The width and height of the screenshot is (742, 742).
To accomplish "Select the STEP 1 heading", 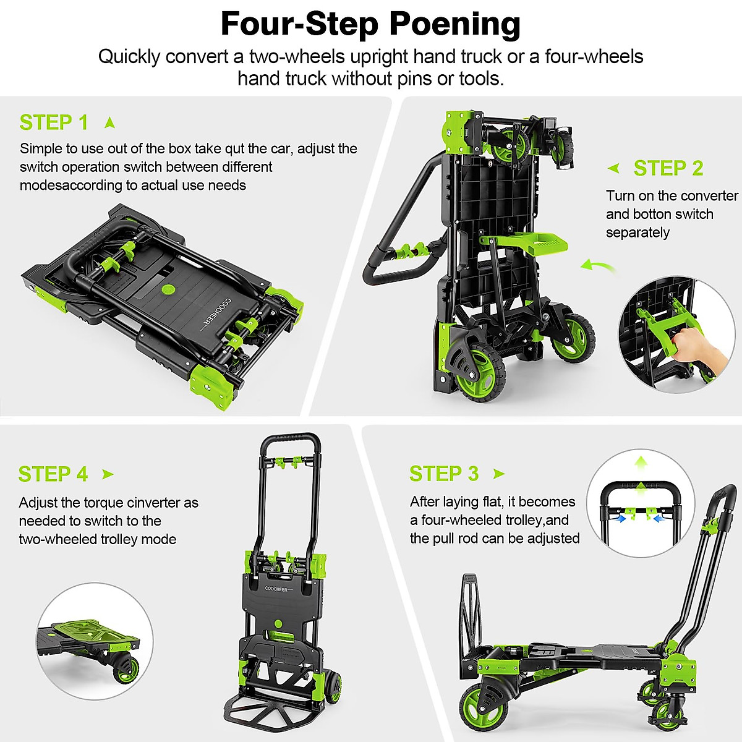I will click(54, 122).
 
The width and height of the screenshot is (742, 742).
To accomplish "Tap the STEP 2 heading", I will click(668, 168).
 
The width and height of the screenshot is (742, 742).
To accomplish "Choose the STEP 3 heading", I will click(444, 474).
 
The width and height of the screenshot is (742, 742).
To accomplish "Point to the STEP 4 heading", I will click(53, 474).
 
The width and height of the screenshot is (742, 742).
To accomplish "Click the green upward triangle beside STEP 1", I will click(110, 122).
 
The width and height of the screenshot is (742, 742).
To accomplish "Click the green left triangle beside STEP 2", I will click(613, 168).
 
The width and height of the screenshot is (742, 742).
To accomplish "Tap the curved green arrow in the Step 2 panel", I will click(598, 267).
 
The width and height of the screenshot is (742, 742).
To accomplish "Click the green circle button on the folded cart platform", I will click(167, 289).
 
